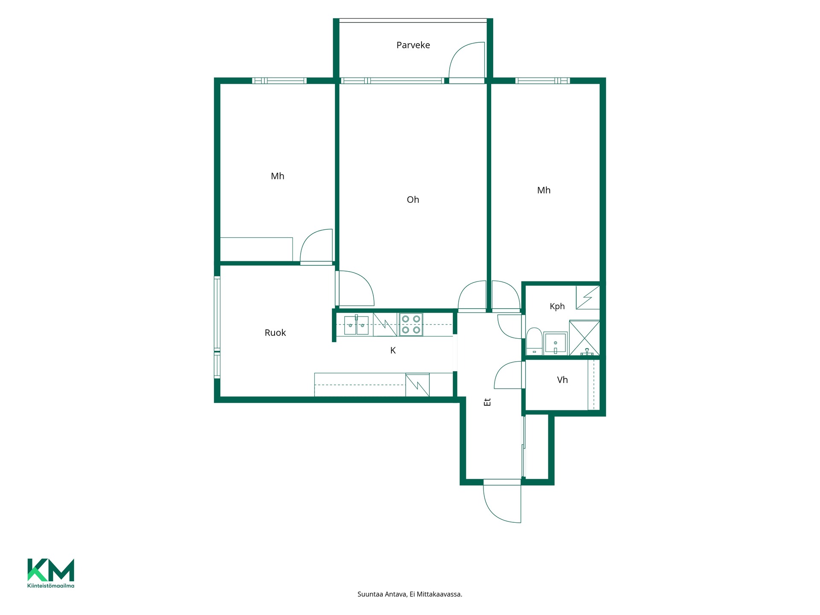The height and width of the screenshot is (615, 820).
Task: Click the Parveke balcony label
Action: (413, 45)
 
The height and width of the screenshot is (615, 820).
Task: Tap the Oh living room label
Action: (413, 199)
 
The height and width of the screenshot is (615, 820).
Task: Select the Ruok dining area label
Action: (275, 333)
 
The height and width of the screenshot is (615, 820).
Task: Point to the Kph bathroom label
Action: (557, 307)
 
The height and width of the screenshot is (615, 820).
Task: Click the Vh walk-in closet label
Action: (562, 380)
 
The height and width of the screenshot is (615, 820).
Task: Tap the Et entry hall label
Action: (487, 402)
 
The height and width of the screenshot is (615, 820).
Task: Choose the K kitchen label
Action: (393, 351)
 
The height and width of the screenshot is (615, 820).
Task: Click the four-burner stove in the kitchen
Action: (411, 324)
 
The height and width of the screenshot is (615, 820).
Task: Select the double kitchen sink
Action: (356, 325)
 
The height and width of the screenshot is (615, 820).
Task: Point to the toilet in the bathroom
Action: (534, 341)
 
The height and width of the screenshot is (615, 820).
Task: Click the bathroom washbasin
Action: (555, 343)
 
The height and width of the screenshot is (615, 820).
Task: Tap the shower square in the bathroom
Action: (585, 338)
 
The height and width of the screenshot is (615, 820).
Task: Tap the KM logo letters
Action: (51, 570)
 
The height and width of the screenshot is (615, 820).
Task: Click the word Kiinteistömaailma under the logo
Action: (51, 586)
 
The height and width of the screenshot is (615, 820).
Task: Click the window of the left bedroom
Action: (279, 81)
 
